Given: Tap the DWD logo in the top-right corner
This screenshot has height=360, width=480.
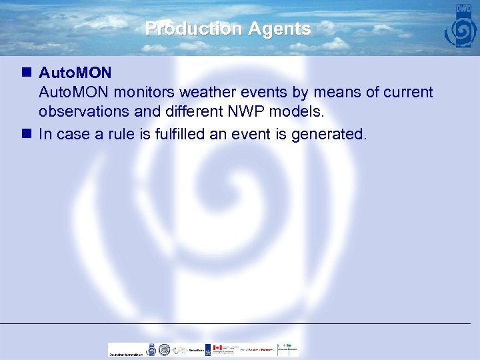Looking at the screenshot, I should click(460, 27).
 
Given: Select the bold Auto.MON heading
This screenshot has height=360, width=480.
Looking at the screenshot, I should click(75, 71).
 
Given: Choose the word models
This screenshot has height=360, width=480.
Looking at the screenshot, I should click(296, 113).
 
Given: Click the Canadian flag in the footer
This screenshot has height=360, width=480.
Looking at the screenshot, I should click(217, 349).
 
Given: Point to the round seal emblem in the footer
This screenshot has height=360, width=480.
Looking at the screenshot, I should click(164, 349).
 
